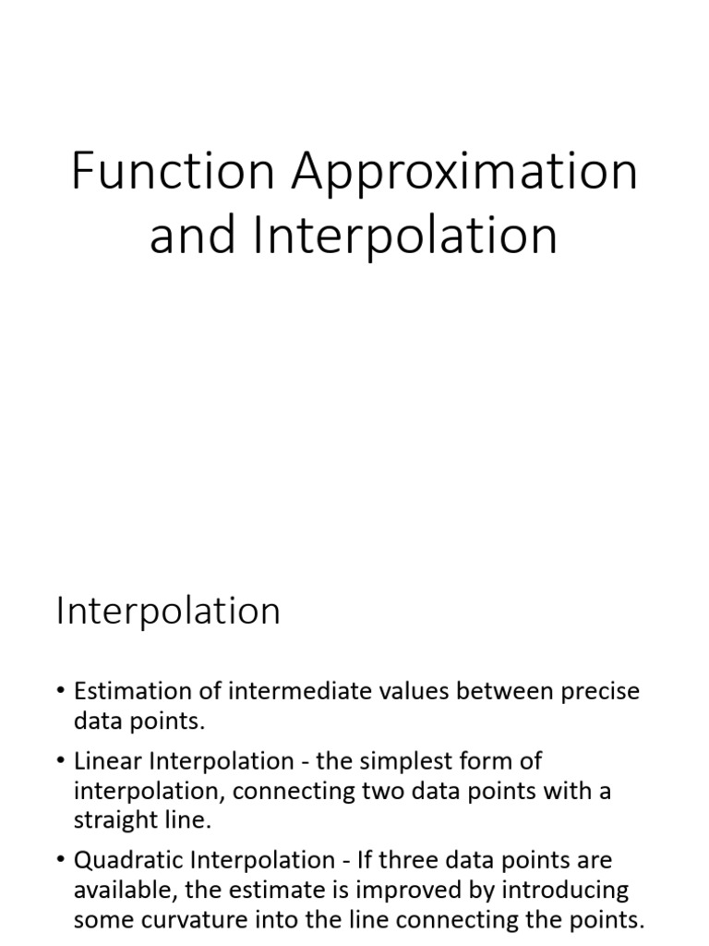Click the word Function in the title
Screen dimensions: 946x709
point(172,172)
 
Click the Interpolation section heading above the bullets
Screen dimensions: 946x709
point(168,612)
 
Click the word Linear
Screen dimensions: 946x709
point(103,761)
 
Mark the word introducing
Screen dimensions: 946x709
point(570,891)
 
